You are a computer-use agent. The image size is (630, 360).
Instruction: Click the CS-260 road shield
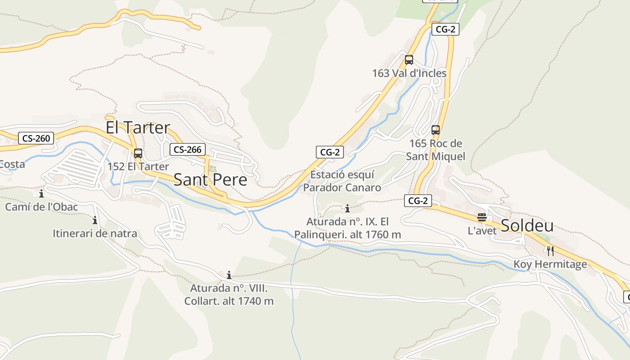pos(36,138)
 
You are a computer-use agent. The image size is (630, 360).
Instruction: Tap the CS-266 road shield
pos(187,149)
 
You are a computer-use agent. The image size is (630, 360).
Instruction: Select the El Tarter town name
pos(138,127)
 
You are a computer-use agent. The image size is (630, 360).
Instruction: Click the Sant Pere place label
pos(210,180)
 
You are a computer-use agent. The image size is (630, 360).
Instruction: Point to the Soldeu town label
pos(527,225)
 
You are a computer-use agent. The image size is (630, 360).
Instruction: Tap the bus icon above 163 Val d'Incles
pos(409,60)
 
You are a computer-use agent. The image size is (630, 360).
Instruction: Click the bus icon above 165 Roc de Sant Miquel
pos(435,130)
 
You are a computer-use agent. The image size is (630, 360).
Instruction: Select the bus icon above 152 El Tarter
pos(138,153)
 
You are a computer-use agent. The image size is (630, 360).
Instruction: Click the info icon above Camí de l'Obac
pos(41,194)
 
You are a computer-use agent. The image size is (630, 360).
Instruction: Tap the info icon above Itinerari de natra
pos(95,220)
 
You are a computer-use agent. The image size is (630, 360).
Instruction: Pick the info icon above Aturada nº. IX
pos(347,208)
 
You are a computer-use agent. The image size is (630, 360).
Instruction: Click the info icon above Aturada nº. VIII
pos(229,275)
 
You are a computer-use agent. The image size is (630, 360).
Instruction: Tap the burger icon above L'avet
pos(482,218)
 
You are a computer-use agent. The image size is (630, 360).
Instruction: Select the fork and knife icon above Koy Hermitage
pos(550,251)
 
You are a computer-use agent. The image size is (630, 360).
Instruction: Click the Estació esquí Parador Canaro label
pos(342,181)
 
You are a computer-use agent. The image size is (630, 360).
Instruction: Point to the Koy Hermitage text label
pos(550,264)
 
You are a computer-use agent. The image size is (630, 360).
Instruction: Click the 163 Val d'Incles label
pos(409,73)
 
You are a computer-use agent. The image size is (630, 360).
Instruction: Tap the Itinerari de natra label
pos(95,234)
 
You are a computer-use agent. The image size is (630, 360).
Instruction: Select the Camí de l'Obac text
pos(41,207)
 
